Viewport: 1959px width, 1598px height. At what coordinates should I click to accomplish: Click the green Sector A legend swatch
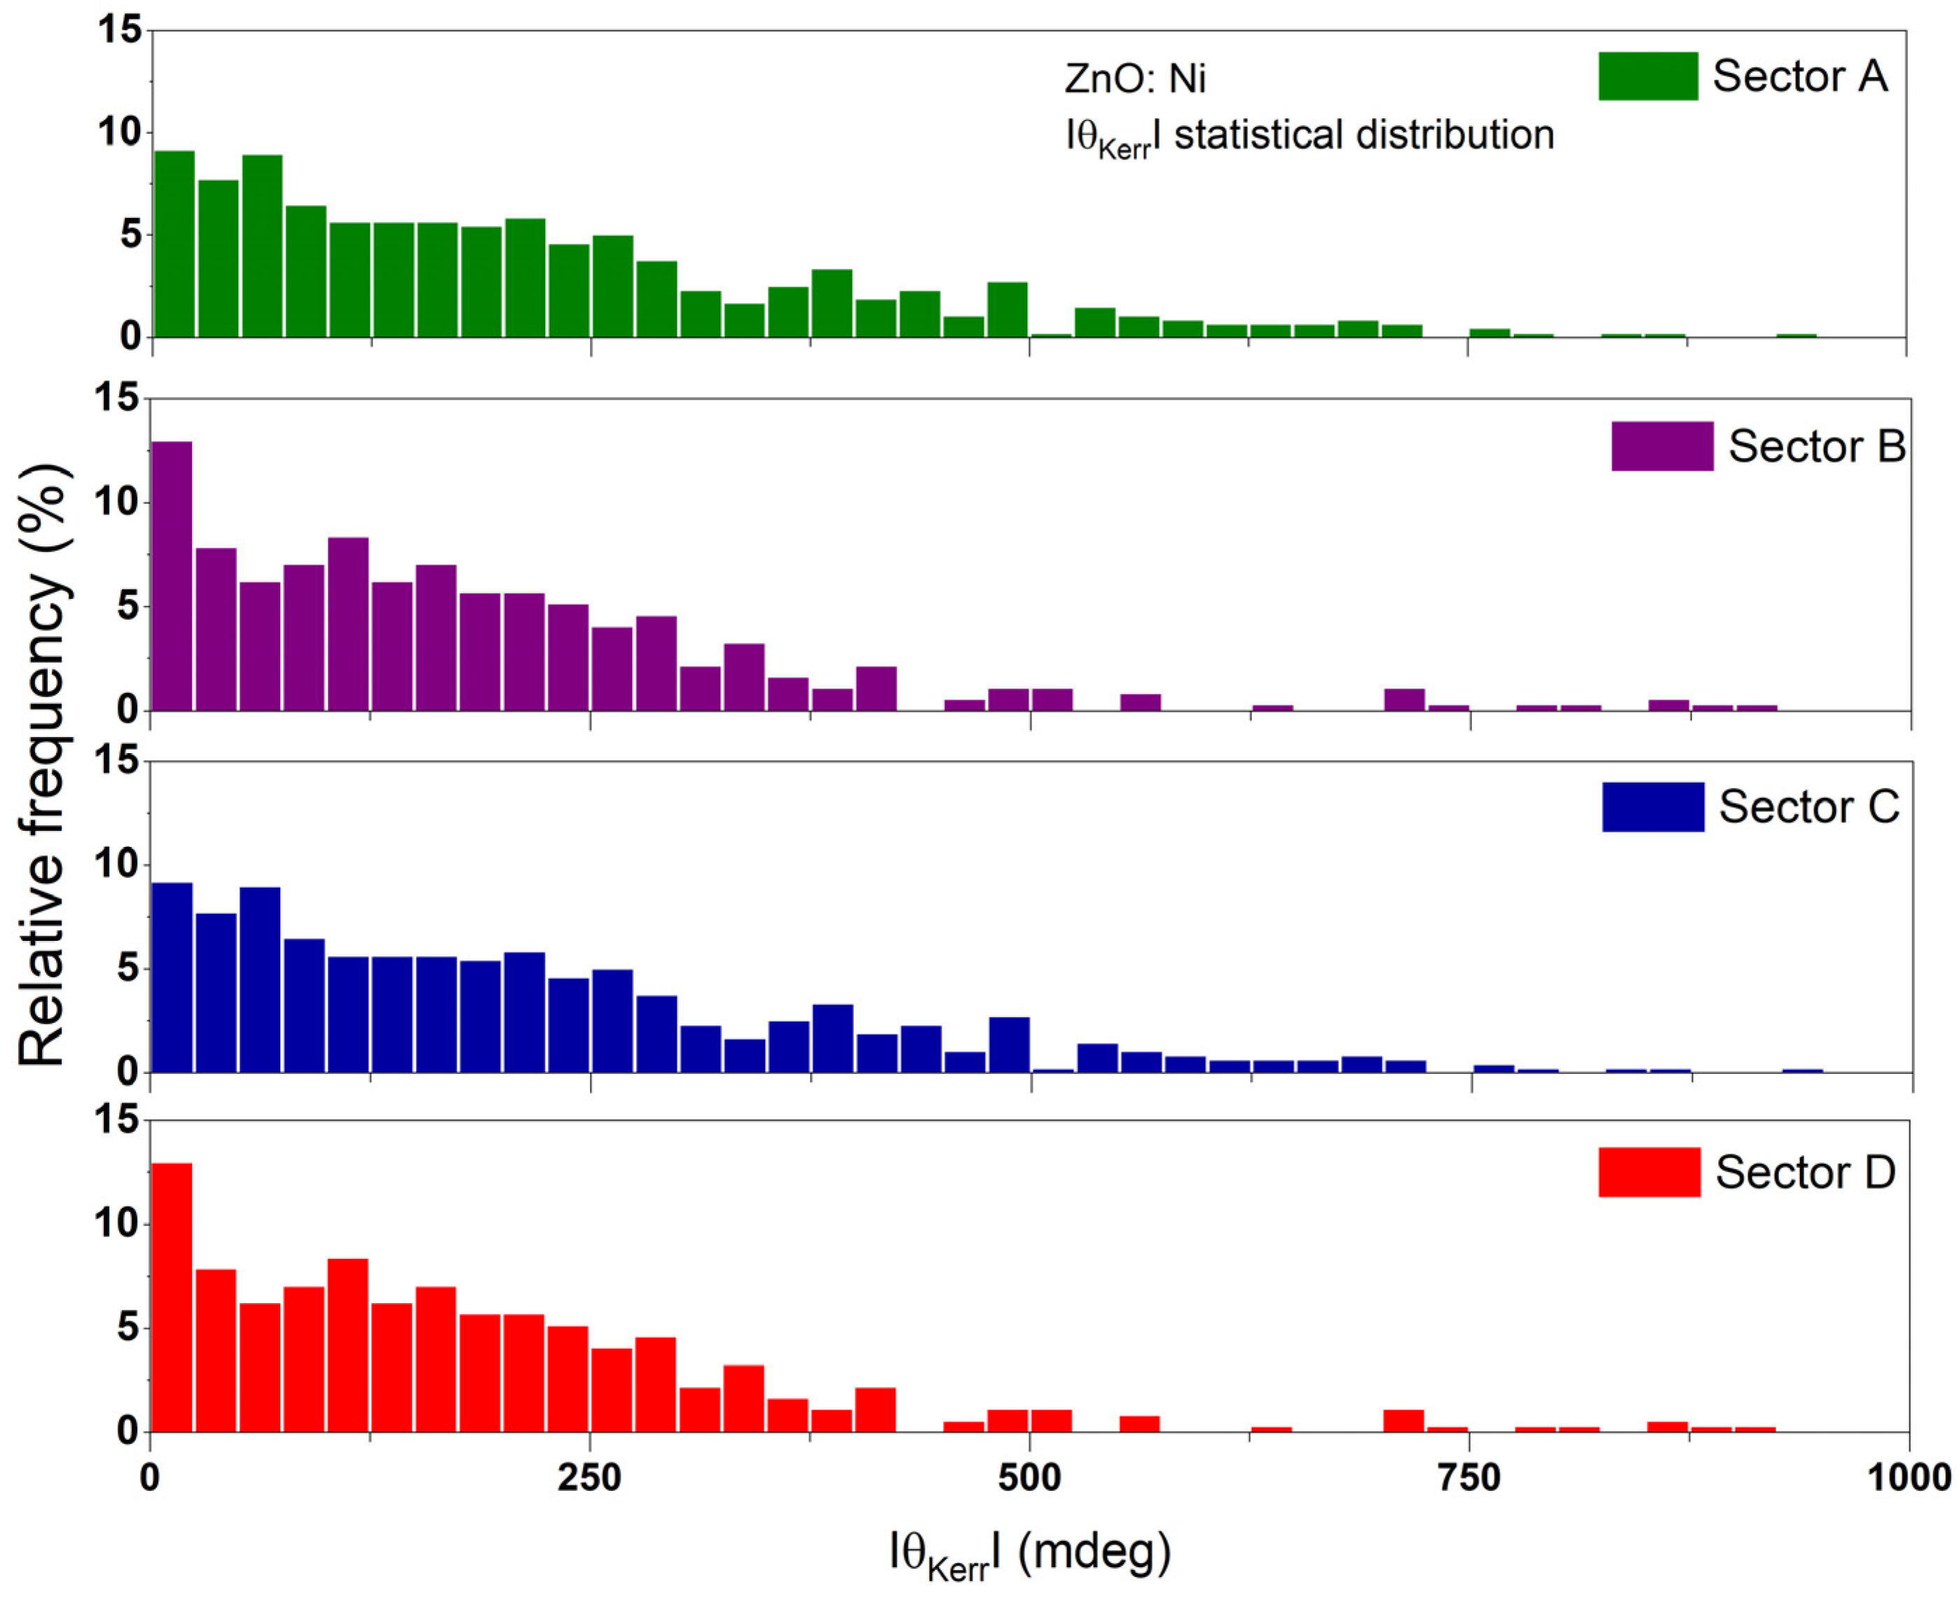coord(1648,76)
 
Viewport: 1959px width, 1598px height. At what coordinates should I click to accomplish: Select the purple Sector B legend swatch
coord(1662,446)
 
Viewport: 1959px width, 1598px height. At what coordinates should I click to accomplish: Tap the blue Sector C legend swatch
coord(1652,807)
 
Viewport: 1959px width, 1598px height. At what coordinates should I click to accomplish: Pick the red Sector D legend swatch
coord(1649,1172)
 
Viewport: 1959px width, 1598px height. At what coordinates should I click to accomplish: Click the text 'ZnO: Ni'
coord(1134,79)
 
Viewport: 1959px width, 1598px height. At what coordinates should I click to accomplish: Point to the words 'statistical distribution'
coord(1363,135)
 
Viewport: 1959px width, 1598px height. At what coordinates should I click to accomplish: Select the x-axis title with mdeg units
coord(1029,1555)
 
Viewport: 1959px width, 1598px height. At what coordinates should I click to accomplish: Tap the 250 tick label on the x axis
coord(589,1478)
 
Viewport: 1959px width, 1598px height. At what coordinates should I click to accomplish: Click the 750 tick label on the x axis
coord(1469,1478)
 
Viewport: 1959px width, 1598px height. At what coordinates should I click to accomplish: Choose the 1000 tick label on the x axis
coord(1909,1478)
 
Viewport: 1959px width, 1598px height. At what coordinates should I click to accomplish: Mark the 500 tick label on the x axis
coord(1029,1478)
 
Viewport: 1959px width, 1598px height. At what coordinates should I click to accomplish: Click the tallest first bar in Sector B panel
coord(172,577)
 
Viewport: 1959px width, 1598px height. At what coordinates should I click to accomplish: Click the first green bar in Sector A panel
coord(173,244)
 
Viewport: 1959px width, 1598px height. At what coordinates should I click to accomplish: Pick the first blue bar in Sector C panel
coord(172,977)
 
